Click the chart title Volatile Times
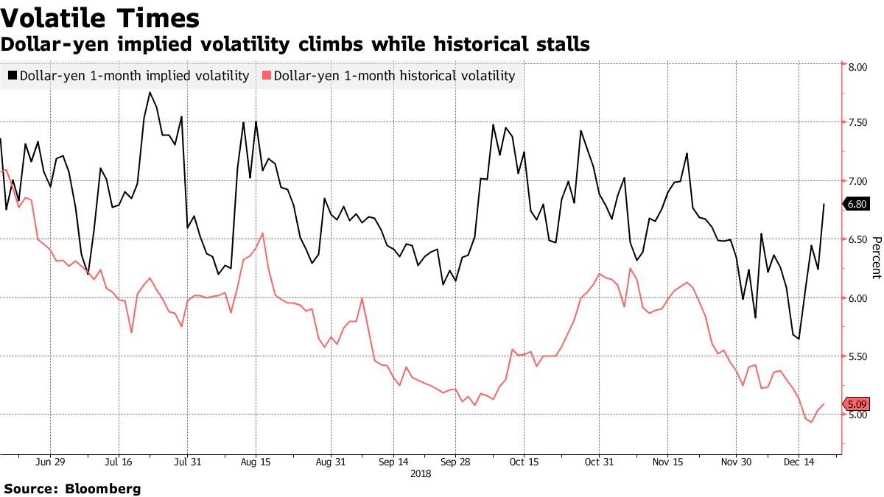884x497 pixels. pyautogui.click(x=100, y=18)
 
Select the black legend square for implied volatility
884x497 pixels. pyautogui.click(x=12, y=76)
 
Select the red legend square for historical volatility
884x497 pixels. pyautogui.click(x=266, y=76)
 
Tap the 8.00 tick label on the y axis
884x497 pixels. pyautogui.click(x=858, y=67)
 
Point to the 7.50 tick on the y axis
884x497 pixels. pyautogui.click(x=858, y=122)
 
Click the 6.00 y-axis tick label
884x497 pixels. pyautogui.click(x=858, y=298)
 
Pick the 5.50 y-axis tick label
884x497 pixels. pyautogui.click(x=858, y=356)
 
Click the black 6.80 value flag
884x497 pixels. pyautogui.click(x=857, y=204)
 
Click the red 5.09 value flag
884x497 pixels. pyautogui.click(x=857, y=404)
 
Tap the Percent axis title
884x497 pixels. pyautogui.click(x=876, y=258)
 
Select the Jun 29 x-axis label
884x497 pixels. pyautogui.click(x=50, y=462)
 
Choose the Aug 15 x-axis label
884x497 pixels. pyautogui.click(x=256, y=462)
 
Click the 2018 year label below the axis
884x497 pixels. pyautogui.click(x=420, y=474)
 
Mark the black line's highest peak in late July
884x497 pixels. pyautogui.click(x=150, y=93)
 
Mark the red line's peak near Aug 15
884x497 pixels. pyautogui.click(x=263, y=233)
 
